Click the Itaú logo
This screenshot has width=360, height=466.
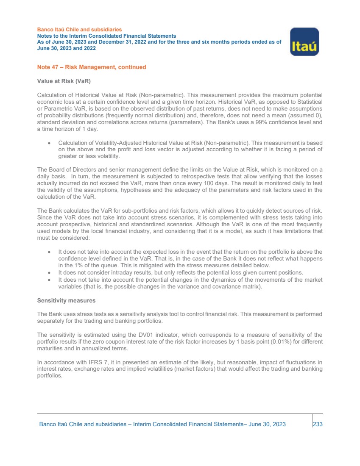click(304, 42)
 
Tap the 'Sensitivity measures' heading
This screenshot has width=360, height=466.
click(66, 300)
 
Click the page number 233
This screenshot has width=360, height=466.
click(318, 424)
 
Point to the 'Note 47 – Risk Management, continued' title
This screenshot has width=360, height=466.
click(92, 67)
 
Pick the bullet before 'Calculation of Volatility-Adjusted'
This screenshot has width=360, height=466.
click(50, 143)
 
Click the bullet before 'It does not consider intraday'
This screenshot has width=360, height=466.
click(50, 272)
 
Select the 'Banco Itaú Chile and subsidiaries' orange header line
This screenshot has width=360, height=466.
click(79, 30)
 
